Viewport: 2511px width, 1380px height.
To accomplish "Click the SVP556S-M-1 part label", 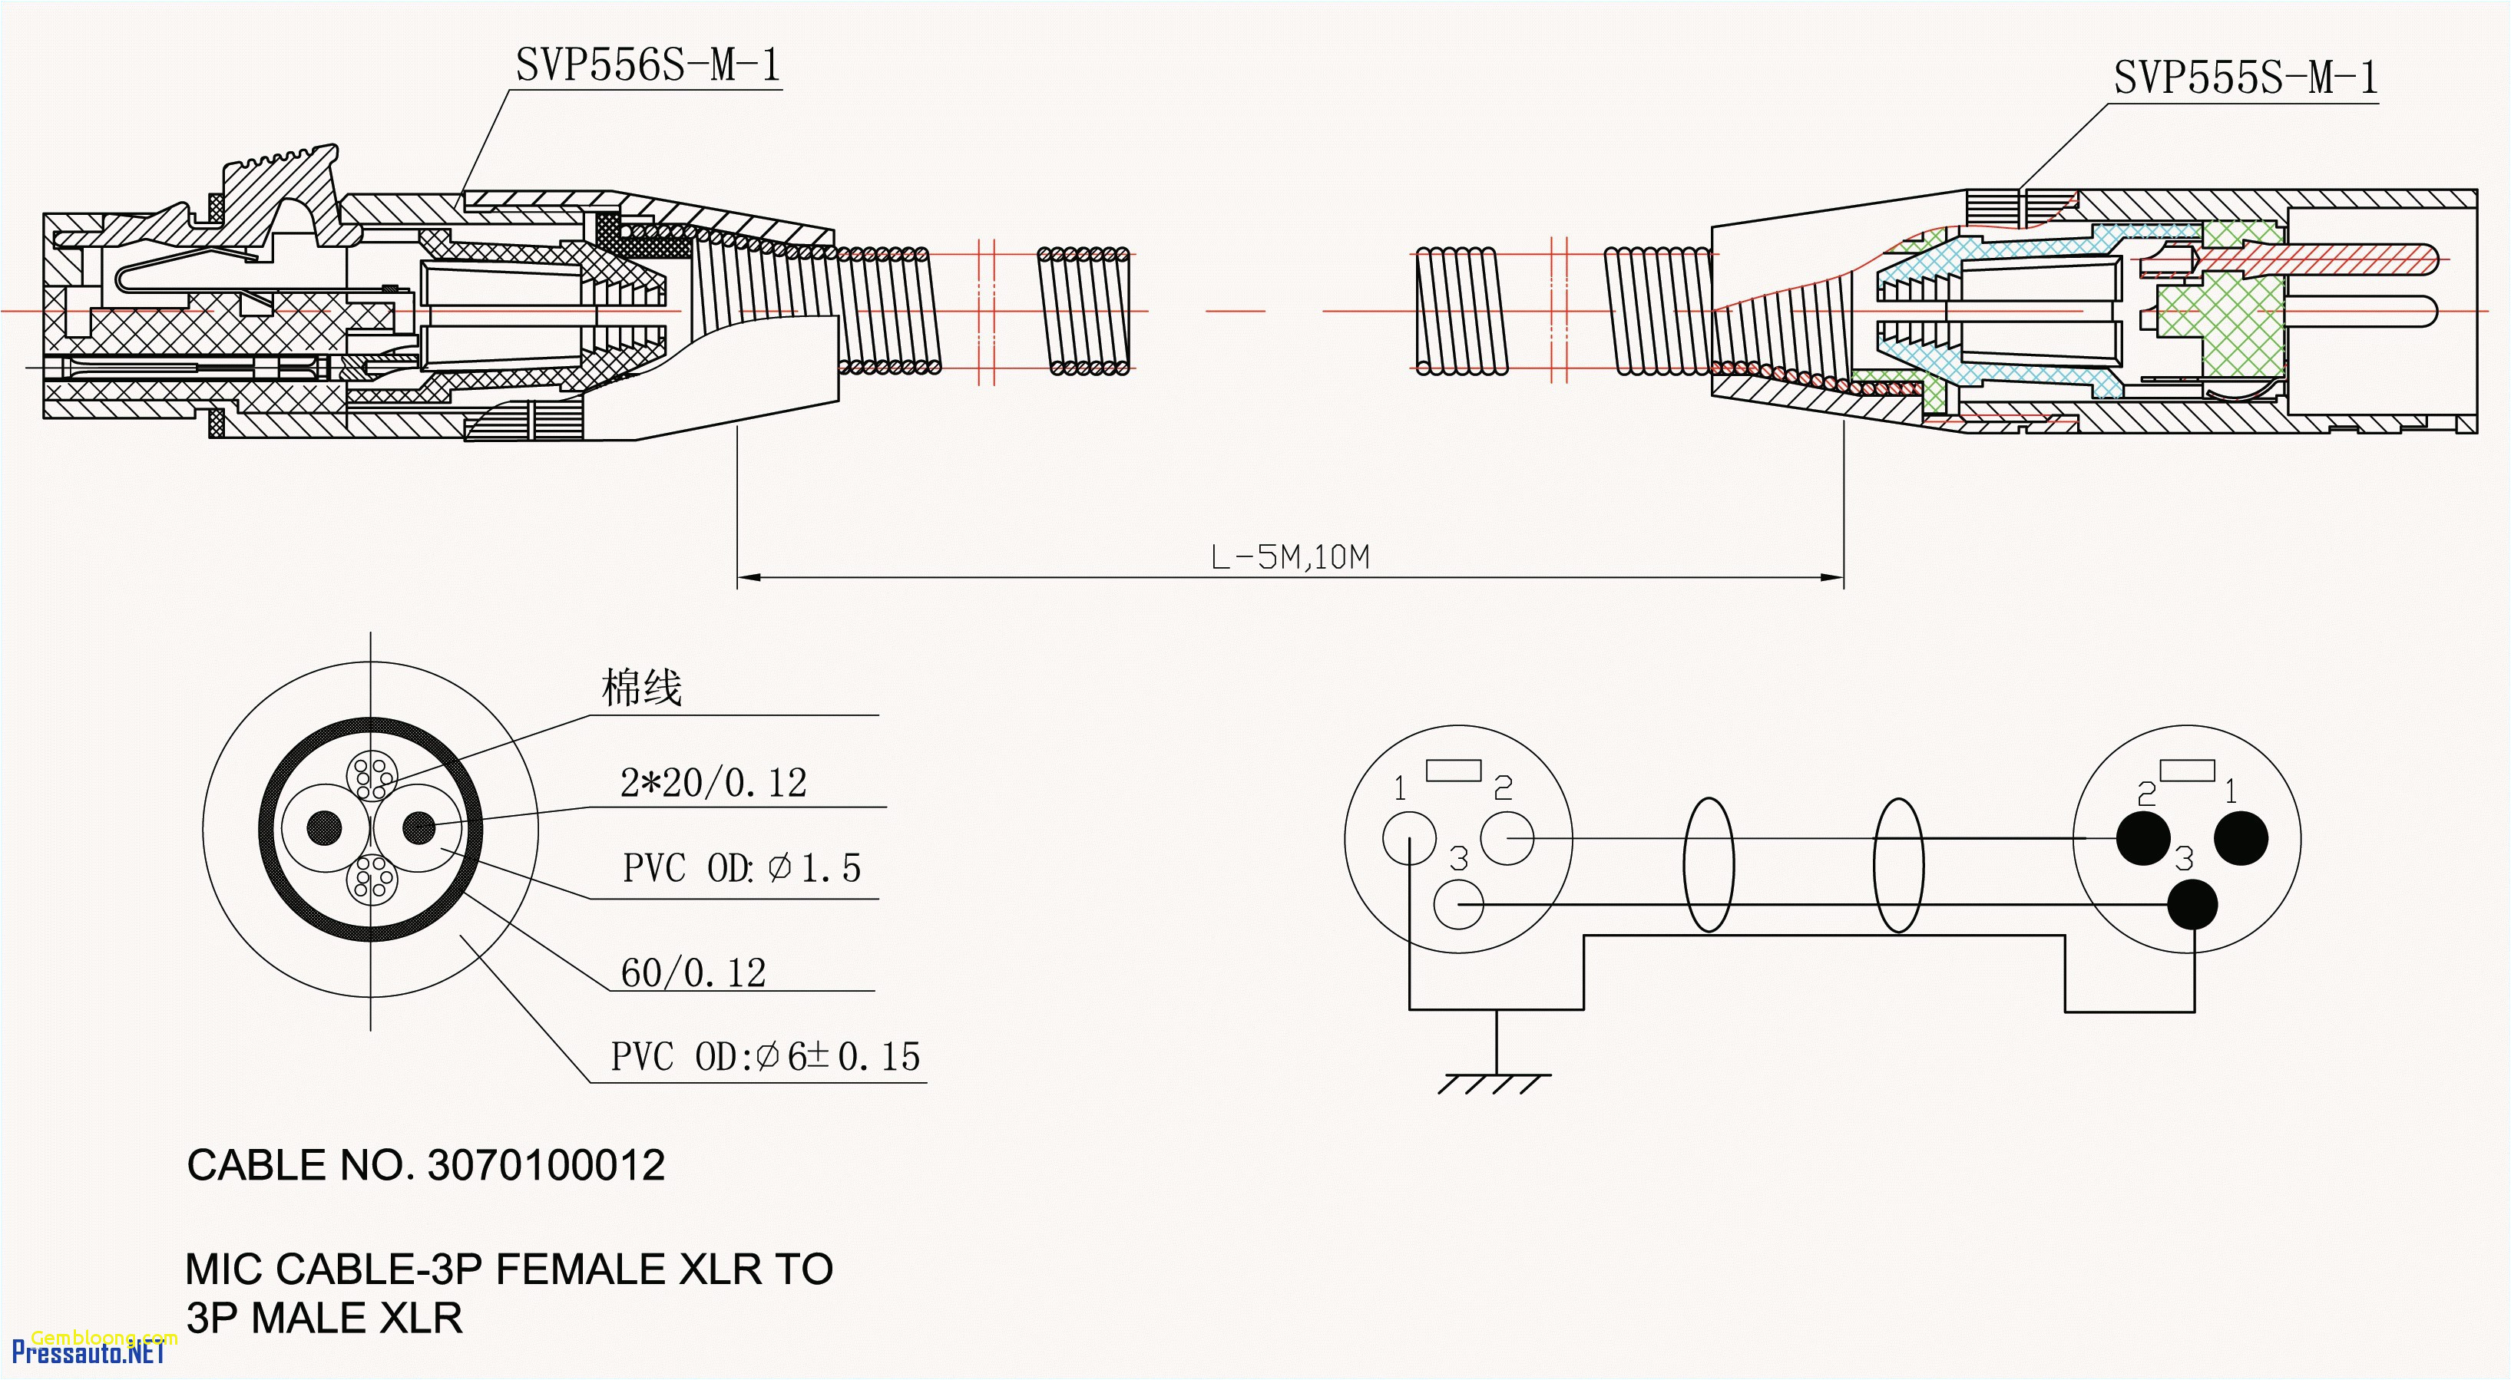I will tap(647, 65).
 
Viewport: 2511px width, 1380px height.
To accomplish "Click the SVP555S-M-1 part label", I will tap(2245, 77).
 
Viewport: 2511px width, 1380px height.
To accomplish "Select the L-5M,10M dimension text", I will tap(1289, 557).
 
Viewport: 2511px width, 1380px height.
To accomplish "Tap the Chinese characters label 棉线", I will tap(640, 688).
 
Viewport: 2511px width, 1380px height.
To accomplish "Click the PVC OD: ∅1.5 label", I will tap(741, 867).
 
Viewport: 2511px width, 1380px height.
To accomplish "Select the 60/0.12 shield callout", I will tap(693, 972).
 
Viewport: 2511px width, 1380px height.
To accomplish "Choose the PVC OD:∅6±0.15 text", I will tap(765, 1056).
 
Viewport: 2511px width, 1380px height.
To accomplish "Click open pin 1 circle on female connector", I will tap(1408, 838).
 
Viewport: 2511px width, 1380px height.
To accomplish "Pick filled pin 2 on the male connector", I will tap(2142, 838).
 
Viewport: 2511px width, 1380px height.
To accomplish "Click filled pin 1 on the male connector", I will tap(2241, 838).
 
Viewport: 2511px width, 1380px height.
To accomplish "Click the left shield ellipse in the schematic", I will tap(1708, 864).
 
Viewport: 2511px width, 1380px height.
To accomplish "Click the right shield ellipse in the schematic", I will tap(1898, 864).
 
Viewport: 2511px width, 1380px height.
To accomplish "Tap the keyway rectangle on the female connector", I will tap(1454, 770).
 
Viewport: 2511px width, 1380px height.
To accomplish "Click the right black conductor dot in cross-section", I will tap(419, 827).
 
